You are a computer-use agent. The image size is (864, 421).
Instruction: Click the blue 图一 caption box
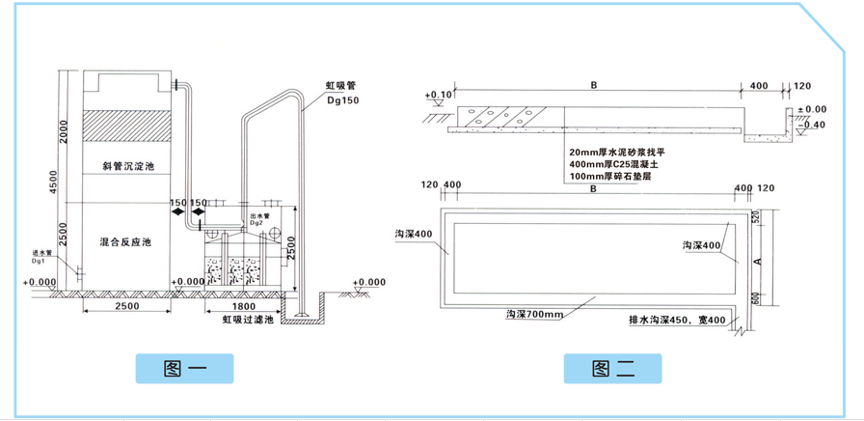pos(184,368)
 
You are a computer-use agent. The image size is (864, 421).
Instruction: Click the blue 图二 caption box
pos(612,368)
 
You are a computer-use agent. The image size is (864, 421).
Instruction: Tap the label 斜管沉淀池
pos(128,166)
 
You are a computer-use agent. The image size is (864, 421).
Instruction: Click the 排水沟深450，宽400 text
pos(675,318)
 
